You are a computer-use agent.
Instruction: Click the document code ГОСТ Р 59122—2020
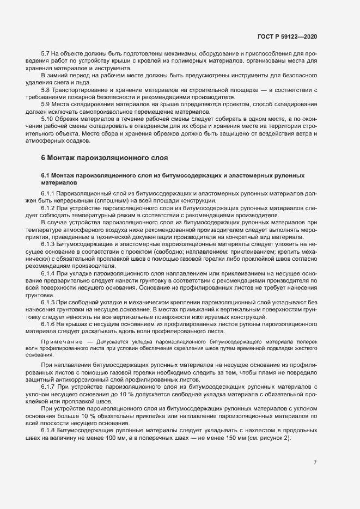(x=287, y=36)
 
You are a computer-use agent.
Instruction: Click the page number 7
(x=315, y=463)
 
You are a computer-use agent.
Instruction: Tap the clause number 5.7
(x=45, y=54)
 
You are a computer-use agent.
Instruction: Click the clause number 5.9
(x=45, y=103)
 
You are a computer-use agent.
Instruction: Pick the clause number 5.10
(x=47, y=118)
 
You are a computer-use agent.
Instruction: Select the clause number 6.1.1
(x=48, y=193)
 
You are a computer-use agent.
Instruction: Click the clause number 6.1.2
(x=48, y=207)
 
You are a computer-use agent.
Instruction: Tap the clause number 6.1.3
(x=48, y=243)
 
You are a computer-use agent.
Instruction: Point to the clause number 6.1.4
(x=48, y=272)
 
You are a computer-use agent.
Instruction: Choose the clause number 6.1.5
(x=48, y=302)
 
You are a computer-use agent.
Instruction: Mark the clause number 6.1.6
(x=48, y=323)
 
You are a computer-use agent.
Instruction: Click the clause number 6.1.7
(x=48, y=386)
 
